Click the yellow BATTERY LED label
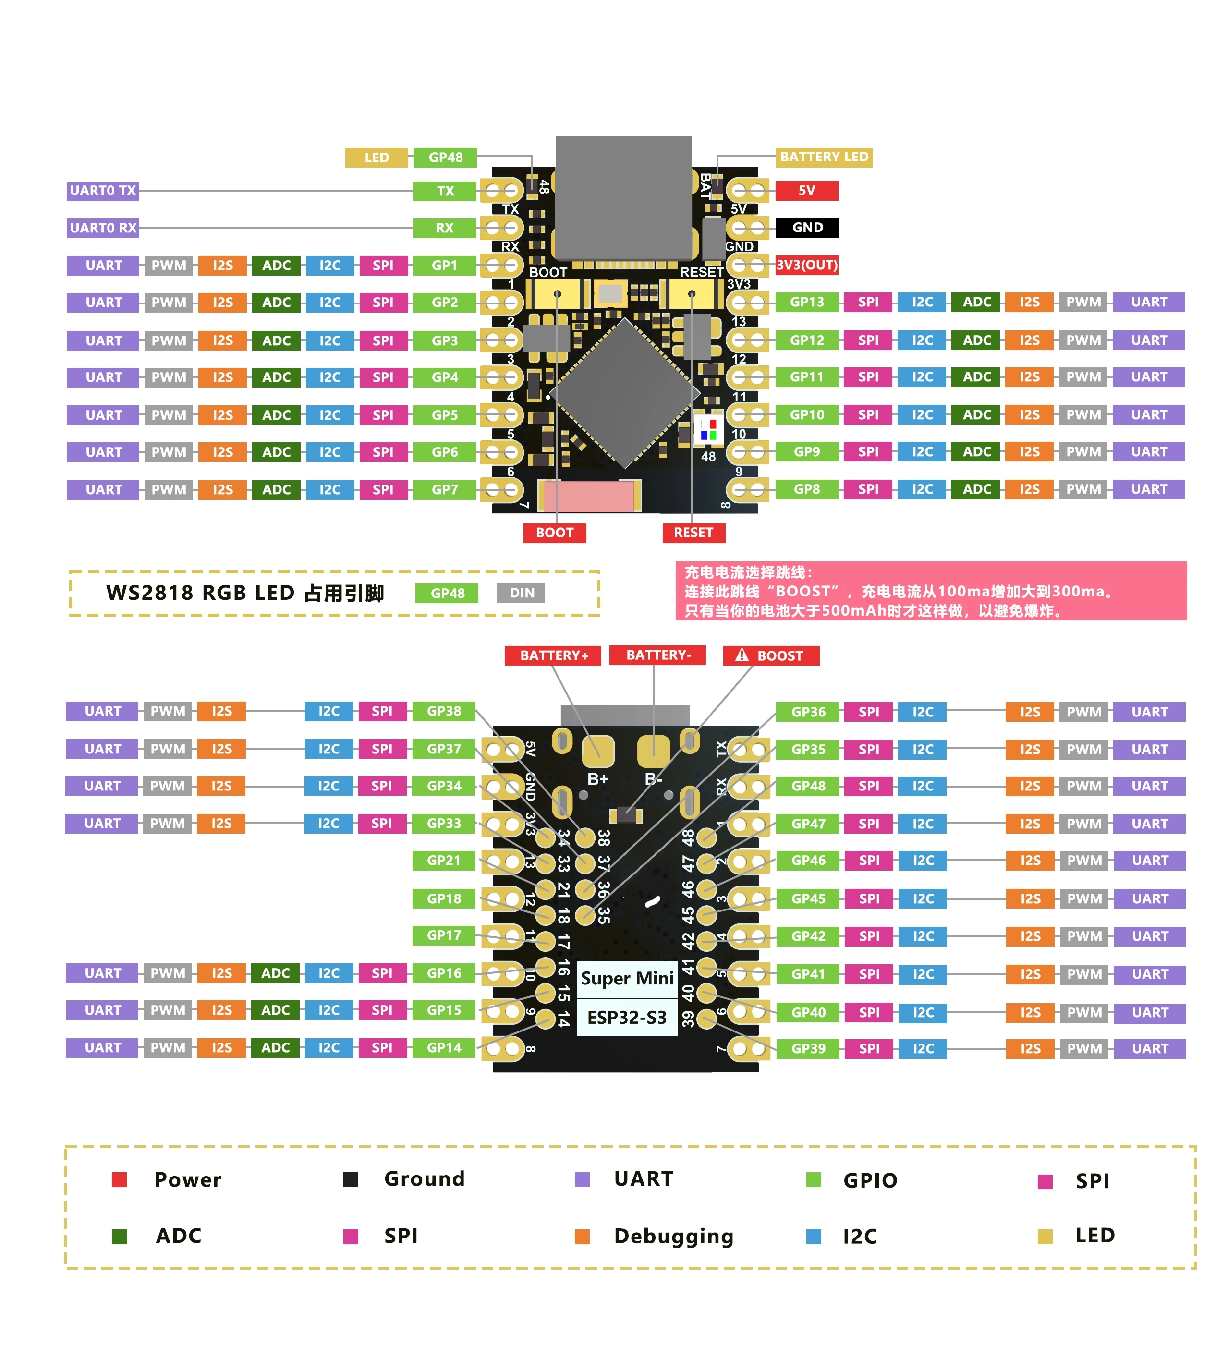823,157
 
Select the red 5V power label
806,191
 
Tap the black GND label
806,227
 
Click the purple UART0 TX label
103,191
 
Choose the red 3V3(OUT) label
806,265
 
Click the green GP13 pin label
806,302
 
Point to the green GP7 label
444,490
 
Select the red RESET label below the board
693,533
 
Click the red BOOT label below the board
555,533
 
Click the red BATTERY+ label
553,655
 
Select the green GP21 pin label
444,861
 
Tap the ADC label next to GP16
275,973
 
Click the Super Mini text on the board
626,979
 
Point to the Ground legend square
351,1179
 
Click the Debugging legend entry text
673,1236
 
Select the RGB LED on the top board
708,429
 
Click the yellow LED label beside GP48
376,158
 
